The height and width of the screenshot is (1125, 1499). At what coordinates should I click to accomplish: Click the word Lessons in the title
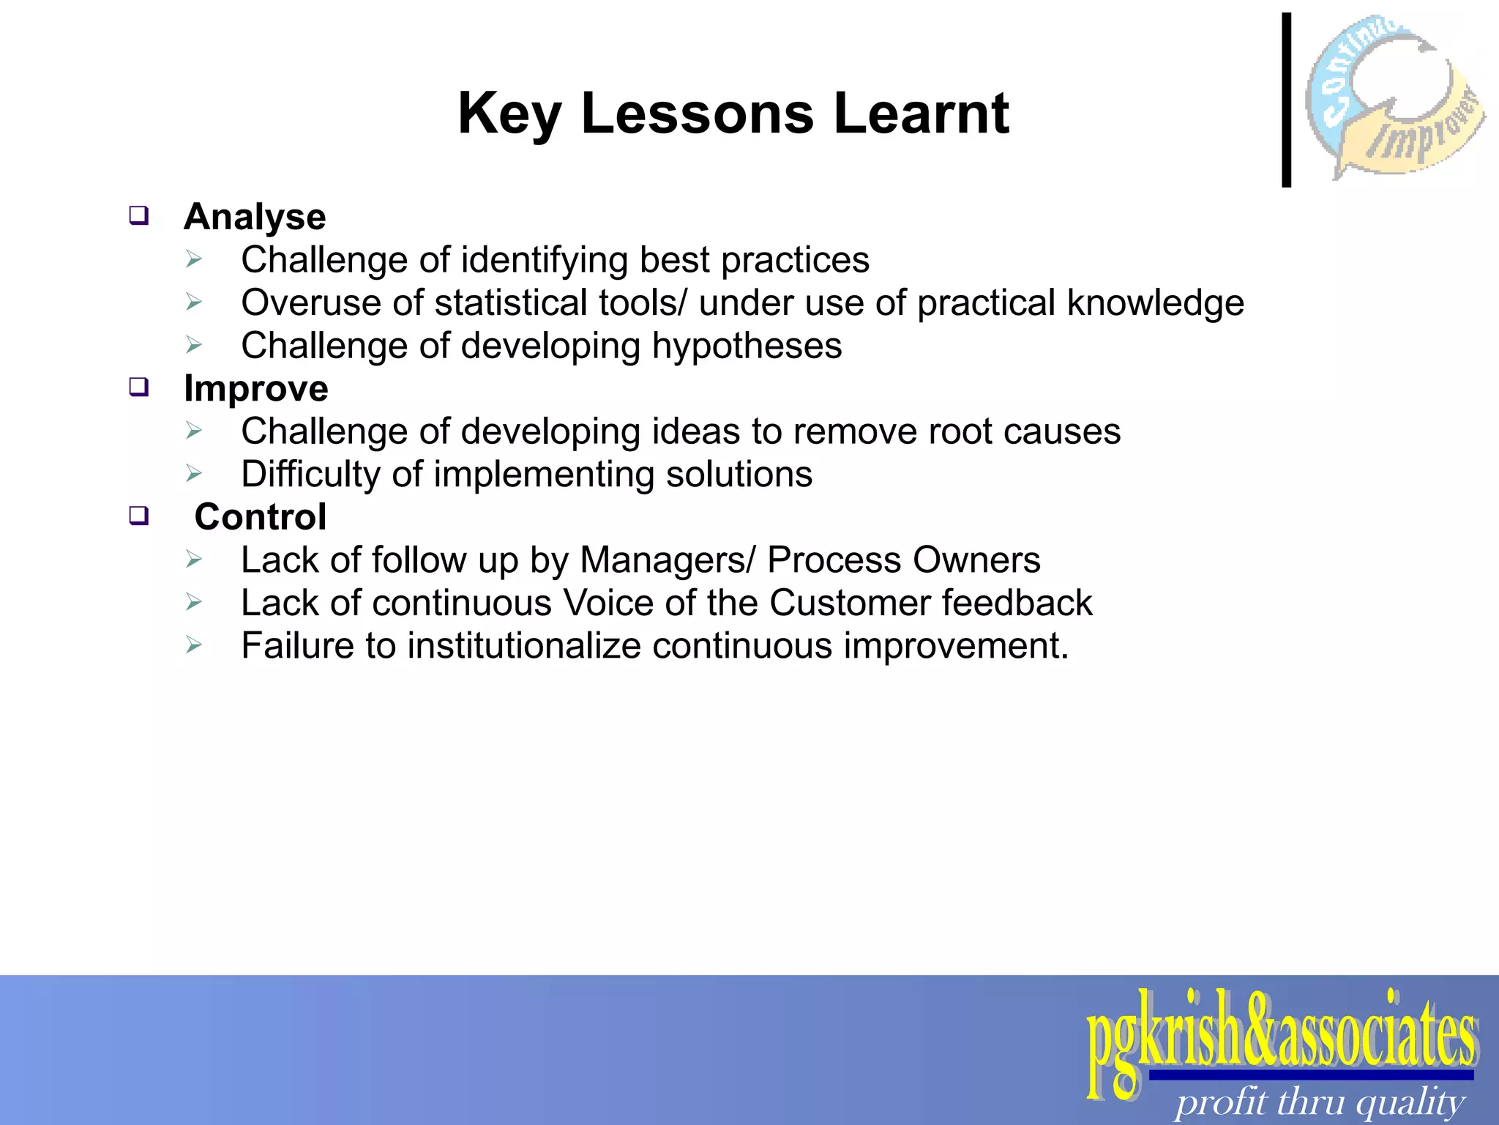[x=697, y=114]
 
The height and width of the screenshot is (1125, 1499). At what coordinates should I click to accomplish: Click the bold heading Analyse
[x=255, y=217]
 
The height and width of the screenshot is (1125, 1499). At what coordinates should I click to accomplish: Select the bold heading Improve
[x=255, y=388]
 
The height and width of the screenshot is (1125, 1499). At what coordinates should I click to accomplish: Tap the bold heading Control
[x=260, y=517]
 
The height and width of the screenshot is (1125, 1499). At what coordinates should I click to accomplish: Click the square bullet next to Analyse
[x=139, y=216]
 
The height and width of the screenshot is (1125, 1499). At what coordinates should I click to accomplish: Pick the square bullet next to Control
[x=139, y=516]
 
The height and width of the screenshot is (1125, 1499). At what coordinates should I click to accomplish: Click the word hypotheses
[x=747, y=346]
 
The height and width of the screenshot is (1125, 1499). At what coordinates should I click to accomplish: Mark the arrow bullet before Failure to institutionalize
[x=193, y=645]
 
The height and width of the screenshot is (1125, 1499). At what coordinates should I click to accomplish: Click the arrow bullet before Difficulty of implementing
[x=193, y=474]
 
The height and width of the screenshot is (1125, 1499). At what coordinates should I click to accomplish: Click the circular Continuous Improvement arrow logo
[x=1394, y=97]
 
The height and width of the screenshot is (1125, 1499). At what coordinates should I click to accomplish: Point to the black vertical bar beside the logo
[x=1286, y=100]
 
